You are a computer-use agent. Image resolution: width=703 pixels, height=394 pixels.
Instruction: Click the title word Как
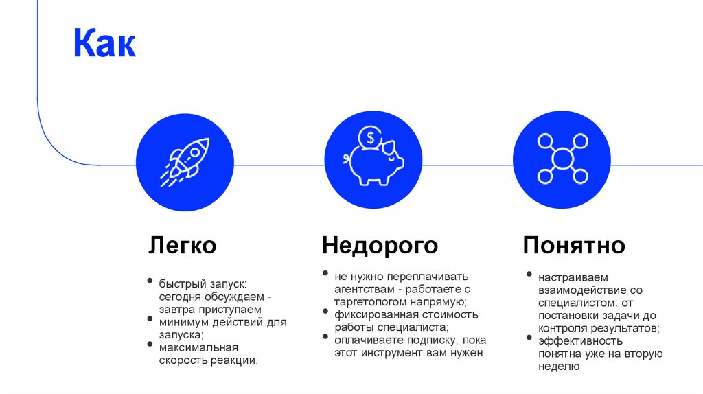[105, 45]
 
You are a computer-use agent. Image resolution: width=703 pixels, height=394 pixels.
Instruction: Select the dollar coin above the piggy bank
[371, 136]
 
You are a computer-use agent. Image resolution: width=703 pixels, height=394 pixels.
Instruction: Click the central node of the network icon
[563, 159]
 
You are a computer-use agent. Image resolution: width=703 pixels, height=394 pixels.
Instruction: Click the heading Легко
[183, 245]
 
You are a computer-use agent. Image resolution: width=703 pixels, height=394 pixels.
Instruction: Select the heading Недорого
[380, 245]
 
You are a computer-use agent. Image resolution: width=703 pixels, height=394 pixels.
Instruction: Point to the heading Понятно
[574, 245]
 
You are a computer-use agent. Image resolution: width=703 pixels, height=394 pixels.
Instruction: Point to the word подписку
[426, 340]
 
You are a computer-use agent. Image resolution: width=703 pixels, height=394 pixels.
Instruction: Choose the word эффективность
[580, 341]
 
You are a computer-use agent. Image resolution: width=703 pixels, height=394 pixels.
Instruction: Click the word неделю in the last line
[560, 367]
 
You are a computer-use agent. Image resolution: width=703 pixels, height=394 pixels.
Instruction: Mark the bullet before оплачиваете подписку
[326, 337]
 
